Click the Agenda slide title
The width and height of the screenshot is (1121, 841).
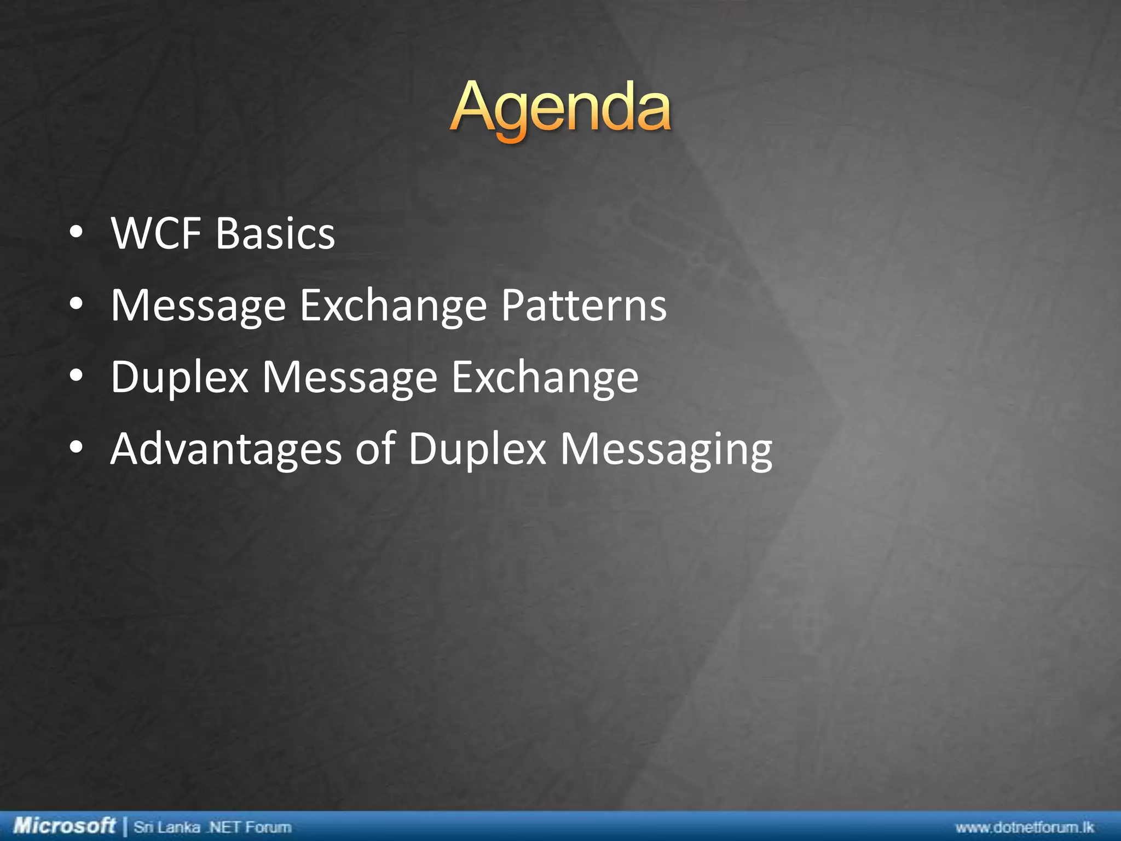tap(560, 107)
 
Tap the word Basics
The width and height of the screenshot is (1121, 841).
tap(275, 234)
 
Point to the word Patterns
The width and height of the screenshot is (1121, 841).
tap(584, 306)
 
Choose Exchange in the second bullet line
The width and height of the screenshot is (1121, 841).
tap(393, 306)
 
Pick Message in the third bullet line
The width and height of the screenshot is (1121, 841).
tap(350, 378)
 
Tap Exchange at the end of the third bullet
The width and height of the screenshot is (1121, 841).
tap(545, 378)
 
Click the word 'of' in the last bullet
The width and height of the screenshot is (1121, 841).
tap(375, 449)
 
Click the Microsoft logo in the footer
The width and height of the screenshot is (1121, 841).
tap(64, 825)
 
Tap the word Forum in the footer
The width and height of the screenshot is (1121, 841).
tap(268, 827)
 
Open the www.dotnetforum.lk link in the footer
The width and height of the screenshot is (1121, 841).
tap(1025, 827)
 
